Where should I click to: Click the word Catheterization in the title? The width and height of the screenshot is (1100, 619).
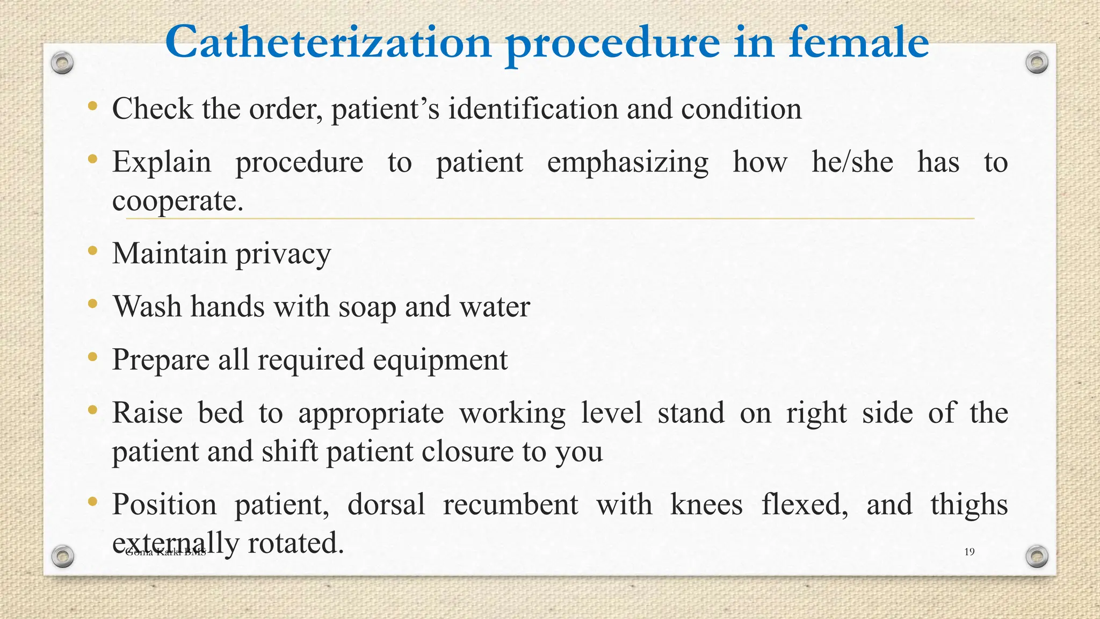click(328, 42)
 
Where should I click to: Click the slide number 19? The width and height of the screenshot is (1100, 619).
click(969, 552)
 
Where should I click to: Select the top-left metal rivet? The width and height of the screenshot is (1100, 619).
click(62, 63)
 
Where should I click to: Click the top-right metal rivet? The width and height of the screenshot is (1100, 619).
click(1037, 62)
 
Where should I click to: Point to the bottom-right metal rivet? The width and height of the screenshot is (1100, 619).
click(1037, 556)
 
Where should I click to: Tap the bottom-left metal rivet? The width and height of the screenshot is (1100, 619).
click(62, 556)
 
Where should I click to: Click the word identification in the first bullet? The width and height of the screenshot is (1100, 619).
click(533, 109)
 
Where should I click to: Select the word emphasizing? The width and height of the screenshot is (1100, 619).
click(627, 162)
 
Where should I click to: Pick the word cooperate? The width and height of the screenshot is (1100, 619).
click(177, 201)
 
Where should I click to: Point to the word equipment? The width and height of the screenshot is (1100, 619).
click(440, 360)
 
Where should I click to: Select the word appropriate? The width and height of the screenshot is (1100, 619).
click(371, 413)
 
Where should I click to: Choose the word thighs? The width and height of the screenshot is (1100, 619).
click(969, 505)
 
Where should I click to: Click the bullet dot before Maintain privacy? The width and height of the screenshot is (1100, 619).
click(93, 250)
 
